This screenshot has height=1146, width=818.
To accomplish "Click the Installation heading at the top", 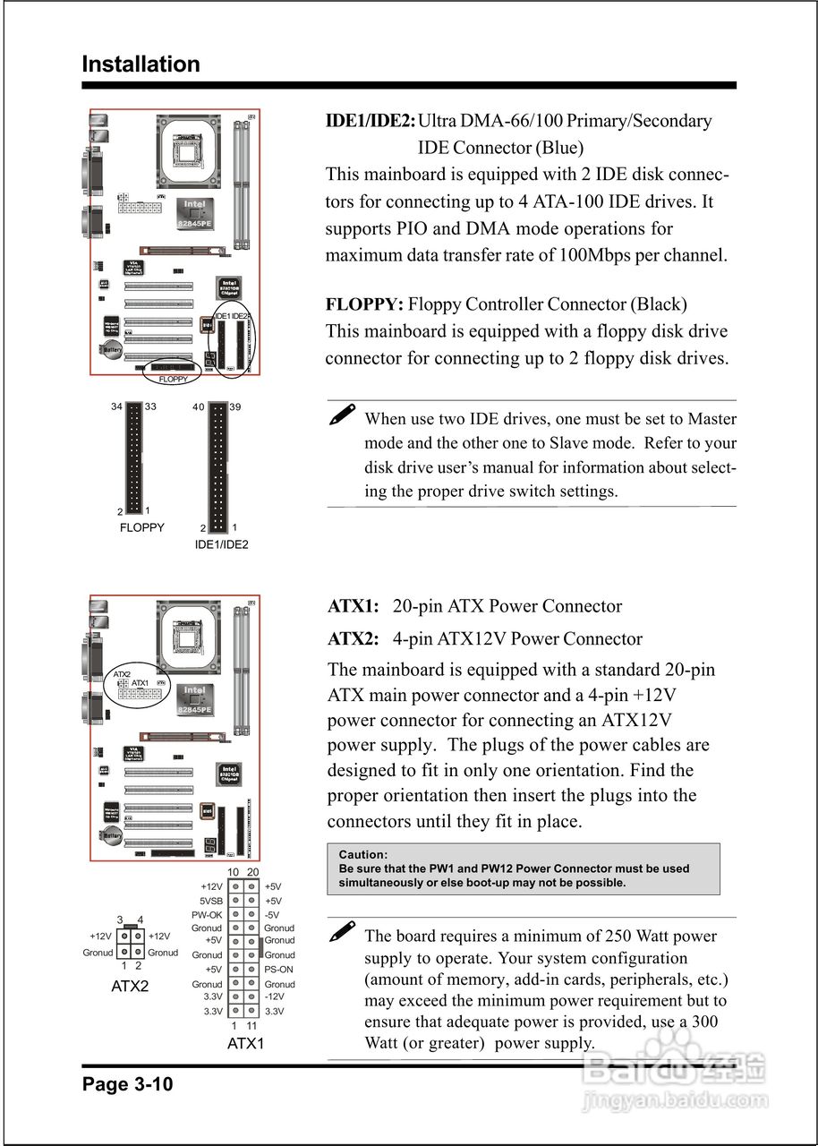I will (x=141, y=64).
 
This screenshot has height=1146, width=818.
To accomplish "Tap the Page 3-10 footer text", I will (x=127, y=1084).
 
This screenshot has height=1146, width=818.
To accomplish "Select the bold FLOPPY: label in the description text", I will (x=364, y=304).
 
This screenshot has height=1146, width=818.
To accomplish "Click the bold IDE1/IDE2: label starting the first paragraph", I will (x=371, y=121).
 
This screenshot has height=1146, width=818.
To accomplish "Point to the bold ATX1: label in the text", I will (x=354, y=606).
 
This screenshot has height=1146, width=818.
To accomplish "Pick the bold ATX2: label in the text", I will (x=354, y=639).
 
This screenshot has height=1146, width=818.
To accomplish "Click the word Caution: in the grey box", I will (x=363, y=855).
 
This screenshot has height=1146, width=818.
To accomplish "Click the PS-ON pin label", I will (x=278, y=970).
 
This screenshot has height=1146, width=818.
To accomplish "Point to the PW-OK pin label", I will (x=207, y=915).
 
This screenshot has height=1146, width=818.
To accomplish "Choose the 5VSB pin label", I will (x=210, y=901).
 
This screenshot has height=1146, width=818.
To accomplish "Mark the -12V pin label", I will (x=275, y=996).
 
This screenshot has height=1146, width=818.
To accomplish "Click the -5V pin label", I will (x=273, y=915).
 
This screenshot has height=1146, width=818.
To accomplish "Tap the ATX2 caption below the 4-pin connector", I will (x=130, y=987).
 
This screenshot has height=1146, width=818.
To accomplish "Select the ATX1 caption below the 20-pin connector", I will (x=246, y=1044).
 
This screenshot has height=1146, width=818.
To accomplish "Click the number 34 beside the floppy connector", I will (x=116, y=407).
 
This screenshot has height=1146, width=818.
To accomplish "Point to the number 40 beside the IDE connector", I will (x=199, y=407).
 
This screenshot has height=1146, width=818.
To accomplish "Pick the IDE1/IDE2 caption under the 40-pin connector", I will (x=222, y=544).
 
